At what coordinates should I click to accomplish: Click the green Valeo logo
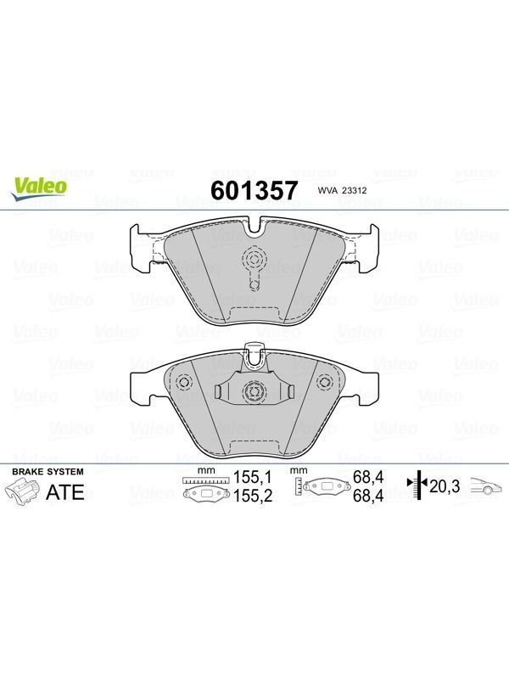(39, 188)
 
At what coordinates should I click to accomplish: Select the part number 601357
(254, 190)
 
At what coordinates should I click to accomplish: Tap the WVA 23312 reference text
(342, 190)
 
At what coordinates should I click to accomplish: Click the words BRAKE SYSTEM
(48, 472)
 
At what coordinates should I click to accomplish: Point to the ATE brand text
(65, 492)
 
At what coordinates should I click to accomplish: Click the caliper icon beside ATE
(22, 494)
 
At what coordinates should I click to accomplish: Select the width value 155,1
(252, 477)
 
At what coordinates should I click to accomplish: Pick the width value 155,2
(253, 496)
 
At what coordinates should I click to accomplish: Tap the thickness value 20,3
(445, 486)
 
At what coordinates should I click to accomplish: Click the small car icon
(487, 485)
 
